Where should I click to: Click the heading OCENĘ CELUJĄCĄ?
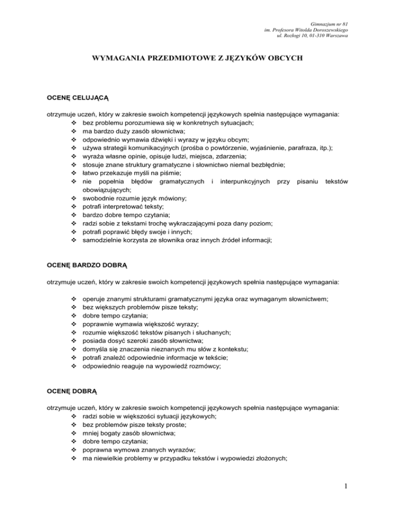click(x=74, y=96)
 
